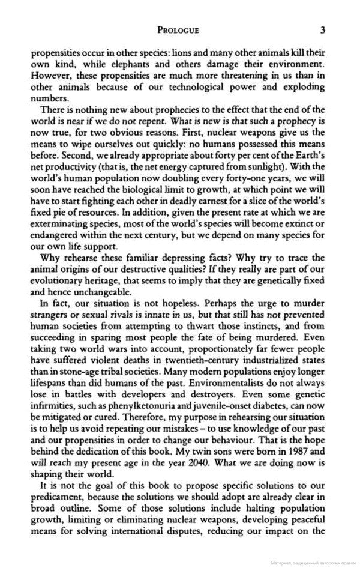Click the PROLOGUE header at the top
click(x=178, y=29)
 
